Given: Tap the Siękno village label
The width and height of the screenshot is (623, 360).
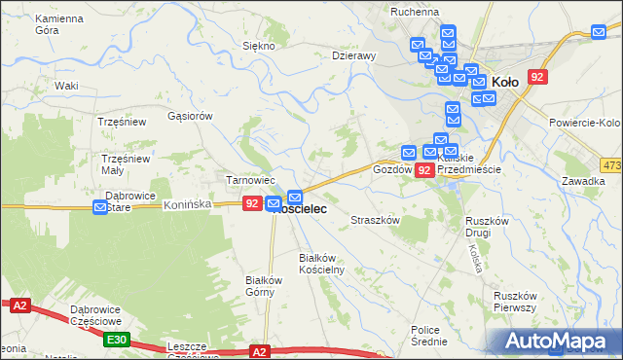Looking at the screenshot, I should tap(258, 46).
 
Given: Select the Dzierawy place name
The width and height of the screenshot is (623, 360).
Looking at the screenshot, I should tap(353, 55).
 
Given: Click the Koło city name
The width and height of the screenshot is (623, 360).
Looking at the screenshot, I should tap(506, 83).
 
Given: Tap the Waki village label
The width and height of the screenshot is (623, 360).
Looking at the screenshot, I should tap(66, 86).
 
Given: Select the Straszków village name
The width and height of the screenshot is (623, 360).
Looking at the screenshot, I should tap(376, 221).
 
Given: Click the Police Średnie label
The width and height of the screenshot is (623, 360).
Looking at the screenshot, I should tap(429, 336).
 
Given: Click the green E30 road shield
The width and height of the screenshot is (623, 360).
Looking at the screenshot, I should tap(118, 339).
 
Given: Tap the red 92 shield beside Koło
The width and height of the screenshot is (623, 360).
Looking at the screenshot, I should tap(537, 76).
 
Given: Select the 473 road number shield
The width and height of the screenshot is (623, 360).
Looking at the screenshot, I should tap(611, 165).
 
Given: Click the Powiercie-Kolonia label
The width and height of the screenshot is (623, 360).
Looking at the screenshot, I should tap(584, 123).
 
